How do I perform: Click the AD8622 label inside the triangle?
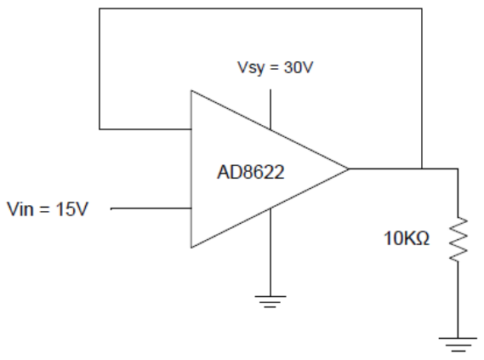tap(251, 172)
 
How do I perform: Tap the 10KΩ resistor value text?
tap(407, 238)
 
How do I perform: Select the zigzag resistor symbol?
tap(458, 239)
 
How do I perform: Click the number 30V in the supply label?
tap(299, 67)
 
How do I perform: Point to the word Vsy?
tap(251, 68)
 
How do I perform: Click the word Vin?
tap(20, 209)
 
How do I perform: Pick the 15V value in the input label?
tap(72, 209)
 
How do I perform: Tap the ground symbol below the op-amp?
tap(270, 301)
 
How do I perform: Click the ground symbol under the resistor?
tap(458, 345)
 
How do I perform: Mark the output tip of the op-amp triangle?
tap(349, 169)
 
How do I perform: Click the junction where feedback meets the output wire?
tap(422, 169)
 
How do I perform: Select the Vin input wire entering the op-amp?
tap(151, 209)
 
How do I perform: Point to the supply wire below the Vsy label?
tap(270, 109)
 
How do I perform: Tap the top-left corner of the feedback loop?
tap(100, 9)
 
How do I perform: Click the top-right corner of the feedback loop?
tap(422, 9)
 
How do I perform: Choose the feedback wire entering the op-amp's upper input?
tap(145, 129)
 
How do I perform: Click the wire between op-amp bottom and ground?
tap(270, 252)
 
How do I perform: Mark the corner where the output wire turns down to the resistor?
tap(458, 169)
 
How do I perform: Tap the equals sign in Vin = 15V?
tap(44, 209)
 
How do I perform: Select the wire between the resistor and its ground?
tap(458, 300)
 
